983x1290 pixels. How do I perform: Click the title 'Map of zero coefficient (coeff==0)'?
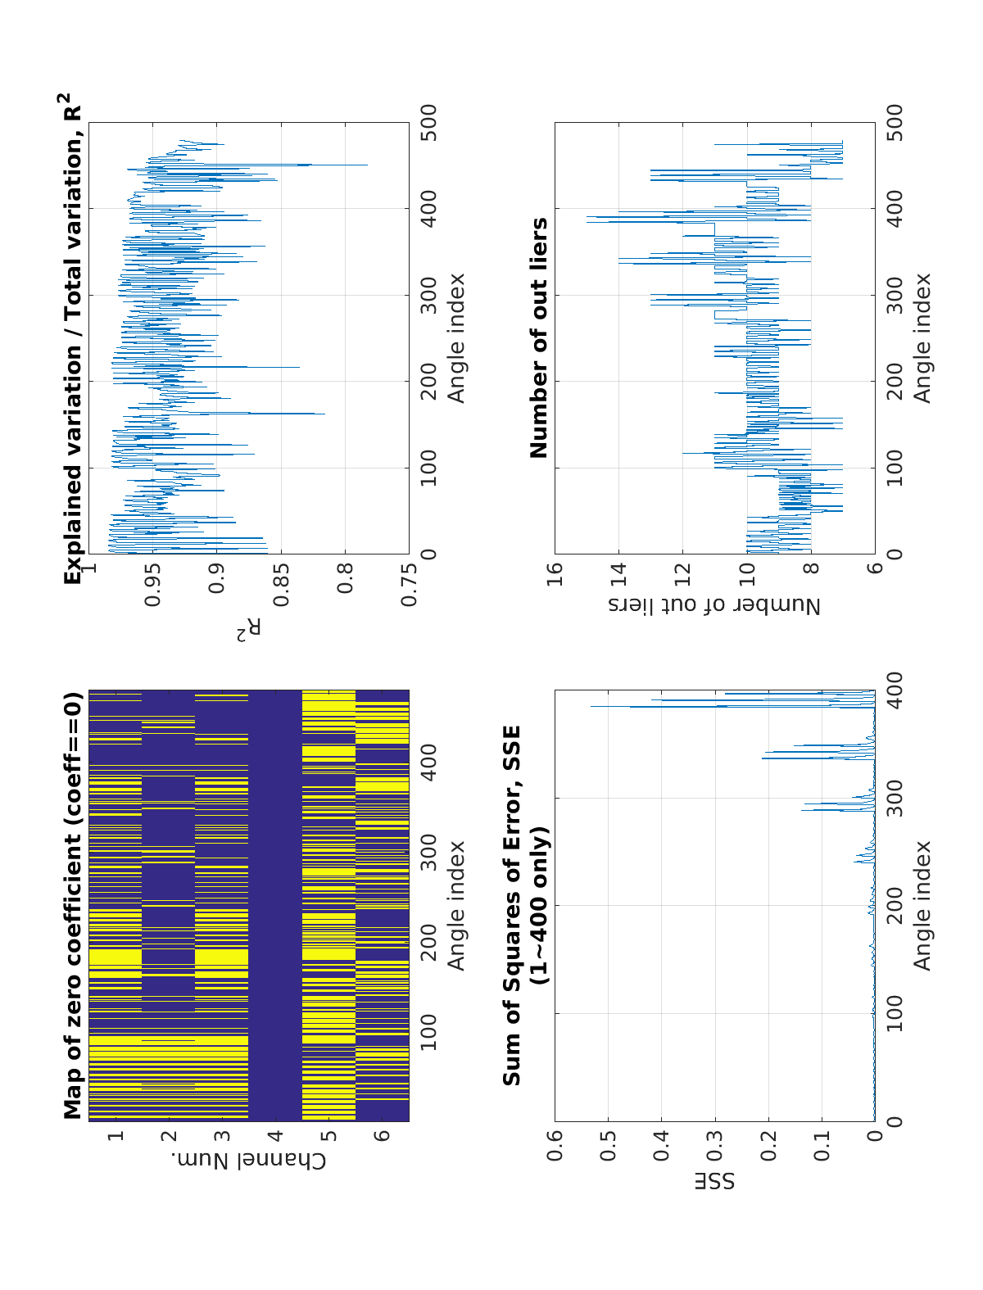coord(74,906)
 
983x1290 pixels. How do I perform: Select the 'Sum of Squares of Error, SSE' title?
coord(512,906)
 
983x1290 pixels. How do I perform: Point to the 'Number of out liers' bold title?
coord(539,337)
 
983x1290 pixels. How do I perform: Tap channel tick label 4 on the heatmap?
coord(275,1136)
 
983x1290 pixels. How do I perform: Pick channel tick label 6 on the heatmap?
coord(383,1136)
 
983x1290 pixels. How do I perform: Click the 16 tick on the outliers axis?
coord(555,570)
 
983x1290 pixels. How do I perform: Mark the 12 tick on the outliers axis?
coord(683,570)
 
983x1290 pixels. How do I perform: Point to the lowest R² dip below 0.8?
coord(367,165)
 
